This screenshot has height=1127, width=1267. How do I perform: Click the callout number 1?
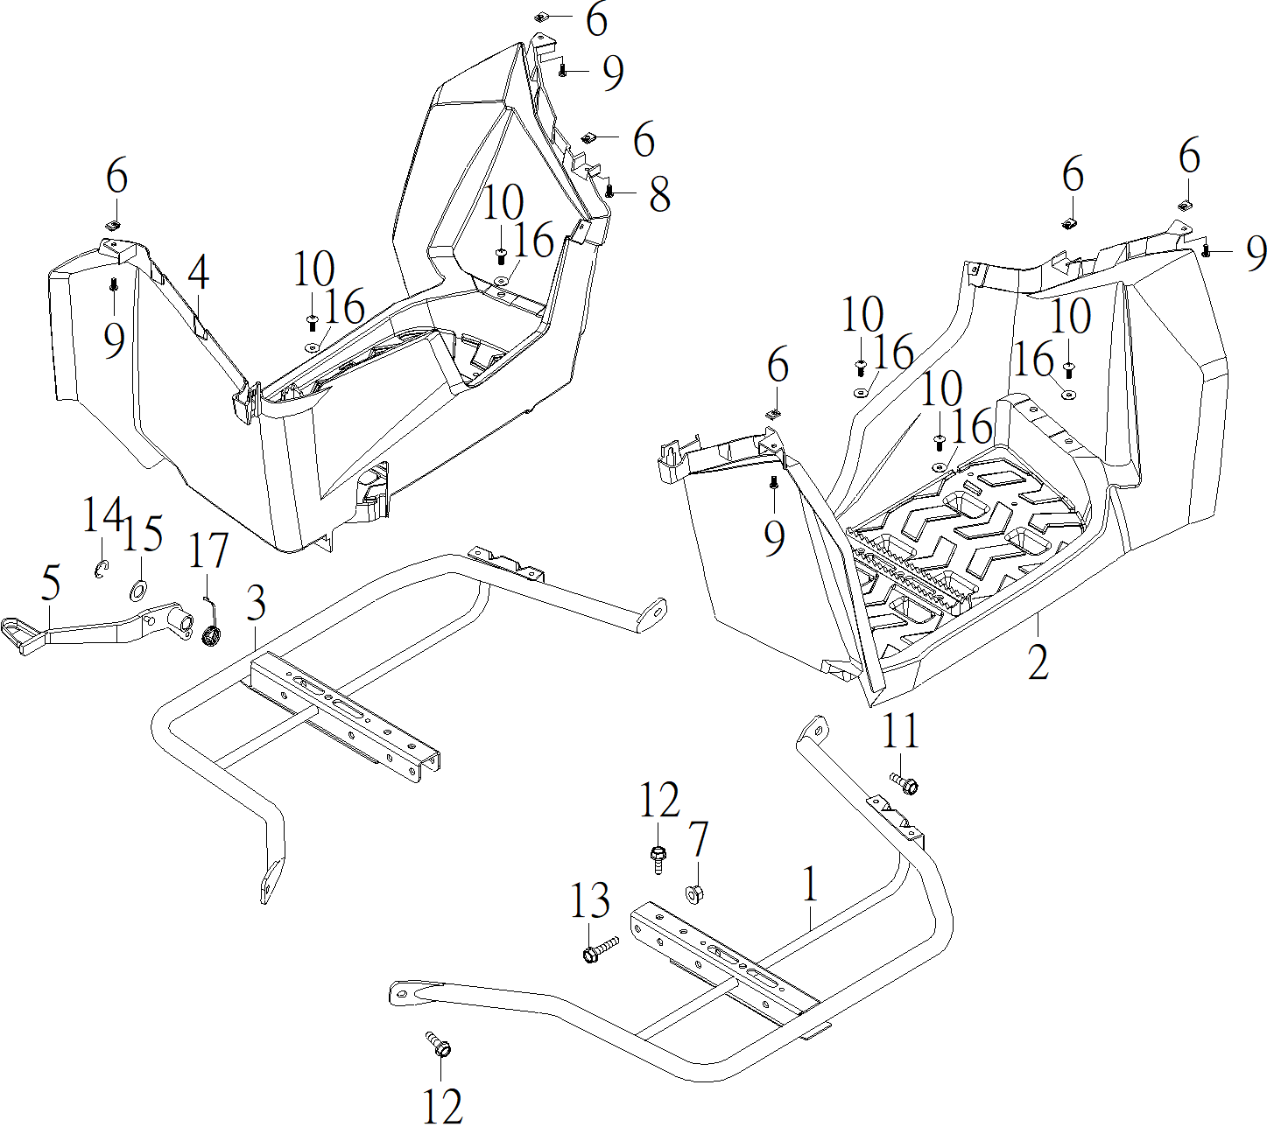point(811,885)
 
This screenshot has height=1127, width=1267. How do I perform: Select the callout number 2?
point(1038,662)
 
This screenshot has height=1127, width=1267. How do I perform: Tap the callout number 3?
point(256,604)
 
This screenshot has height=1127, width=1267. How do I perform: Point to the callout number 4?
point(199,273)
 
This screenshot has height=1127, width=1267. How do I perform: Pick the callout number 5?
point(51,584)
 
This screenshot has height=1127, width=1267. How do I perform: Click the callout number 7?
point(698,840)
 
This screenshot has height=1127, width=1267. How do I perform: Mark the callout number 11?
point(900,731)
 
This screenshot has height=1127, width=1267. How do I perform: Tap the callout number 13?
point(590,900)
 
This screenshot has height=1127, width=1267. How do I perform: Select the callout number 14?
point(101,516)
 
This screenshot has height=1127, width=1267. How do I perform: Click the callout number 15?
point(142,534)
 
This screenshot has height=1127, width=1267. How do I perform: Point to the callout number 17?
point(208,551)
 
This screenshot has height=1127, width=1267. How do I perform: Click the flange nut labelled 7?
point(693,895)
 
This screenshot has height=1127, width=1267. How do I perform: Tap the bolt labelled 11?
point(904,783)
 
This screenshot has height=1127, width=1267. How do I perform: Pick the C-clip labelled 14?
point(101,570)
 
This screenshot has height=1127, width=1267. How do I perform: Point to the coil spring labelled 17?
point(211,637)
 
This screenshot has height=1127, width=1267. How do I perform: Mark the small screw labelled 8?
point(609,188)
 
